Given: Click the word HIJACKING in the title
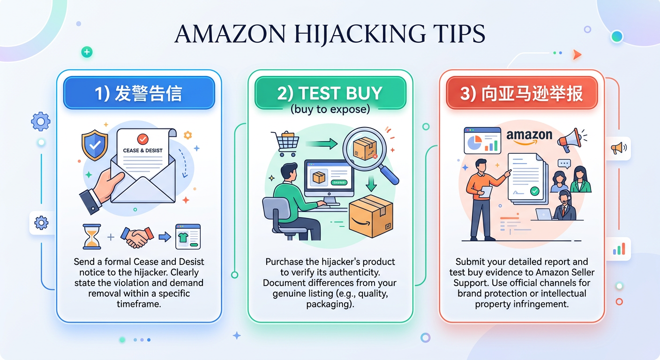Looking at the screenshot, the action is click(x=360, y=34).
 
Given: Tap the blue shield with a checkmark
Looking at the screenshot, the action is click(x=95, y=145).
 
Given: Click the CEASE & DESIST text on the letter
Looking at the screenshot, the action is click(x=142, y=150).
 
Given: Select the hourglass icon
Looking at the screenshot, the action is click(x=91, y=237).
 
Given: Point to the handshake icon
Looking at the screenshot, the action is click(x=137, y=237).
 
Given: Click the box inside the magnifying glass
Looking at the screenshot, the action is click(x=365, y=149).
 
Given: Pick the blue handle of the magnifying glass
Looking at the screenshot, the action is click(x=389, y=175).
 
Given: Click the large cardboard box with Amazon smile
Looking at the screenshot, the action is click(x=371, y=216).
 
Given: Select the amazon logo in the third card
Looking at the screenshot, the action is click(x=529, y=137).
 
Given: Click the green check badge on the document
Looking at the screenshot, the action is click(x=535, y=191).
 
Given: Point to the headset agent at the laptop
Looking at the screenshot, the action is click(x=564, y=206).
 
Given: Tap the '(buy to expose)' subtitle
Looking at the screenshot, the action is click(x=330, y=109).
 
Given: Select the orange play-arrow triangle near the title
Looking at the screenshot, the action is click(x=577, y=54).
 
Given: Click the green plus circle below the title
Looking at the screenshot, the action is click(x=87, y=52).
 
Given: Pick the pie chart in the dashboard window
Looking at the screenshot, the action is click(x=475, y=143).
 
